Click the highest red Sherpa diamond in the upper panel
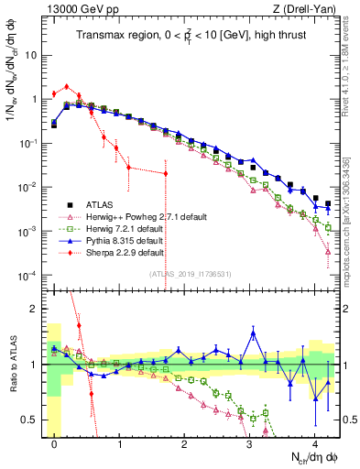click(67, 86)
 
